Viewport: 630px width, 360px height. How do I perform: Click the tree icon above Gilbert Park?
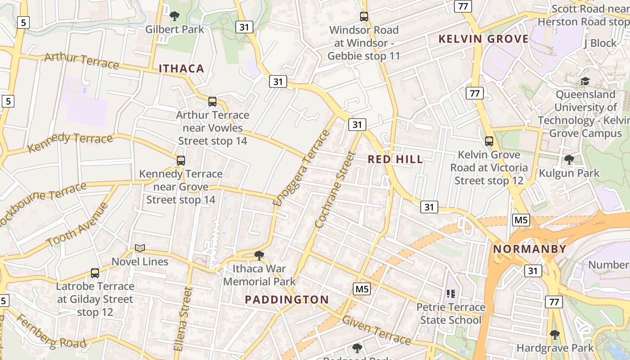click(x=175, y=17)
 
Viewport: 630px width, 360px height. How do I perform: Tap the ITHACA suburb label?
click(x=181, y=69)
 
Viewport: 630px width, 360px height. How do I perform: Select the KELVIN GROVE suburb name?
click(x=484, y=39)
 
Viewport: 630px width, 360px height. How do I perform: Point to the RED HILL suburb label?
click(x=396, y=159)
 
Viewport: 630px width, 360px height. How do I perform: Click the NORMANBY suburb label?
click(x=530, y=249)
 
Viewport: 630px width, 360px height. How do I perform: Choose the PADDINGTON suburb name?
click(x=287, y=300)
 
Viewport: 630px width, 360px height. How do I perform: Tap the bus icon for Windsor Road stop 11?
click(x=364, y=17)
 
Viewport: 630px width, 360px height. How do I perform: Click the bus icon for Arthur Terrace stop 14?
click(x=212, y=102)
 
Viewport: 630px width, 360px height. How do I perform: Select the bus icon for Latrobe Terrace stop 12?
click(x=95, y=273)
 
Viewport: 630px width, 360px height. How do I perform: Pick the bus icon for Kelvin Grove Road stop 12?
click(x=489, y=141)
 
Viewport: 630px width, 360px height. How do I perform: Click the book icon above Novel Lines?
click(x=140, y=248)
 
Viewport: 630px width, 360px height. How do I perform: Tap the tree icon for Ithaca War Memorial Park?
click(x=259, y=256)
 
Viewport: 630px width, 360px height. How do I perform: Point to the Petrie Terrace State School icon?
click(x=451, y=294)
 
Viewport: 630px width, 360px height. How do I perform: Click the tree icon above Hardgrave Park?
click(x=555, y=335)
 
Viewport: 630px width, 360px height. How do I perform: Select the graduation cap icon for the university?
click(x=585, y=81)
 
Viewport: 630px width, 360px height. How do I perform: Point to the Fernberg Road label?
click(x=51, y=331)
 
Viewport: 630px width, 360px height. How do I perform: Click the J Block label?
click(x=600, y=43)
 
